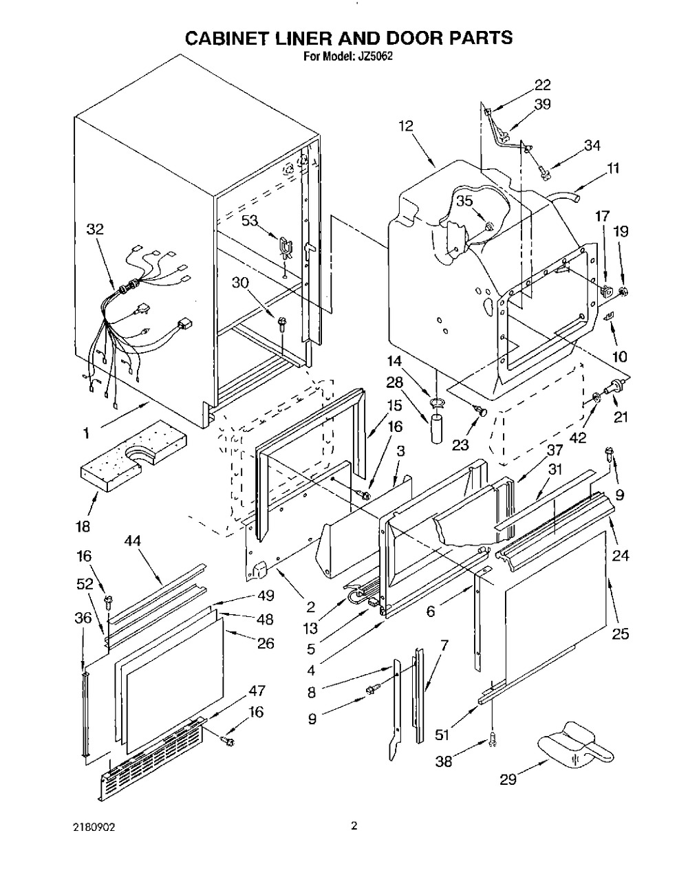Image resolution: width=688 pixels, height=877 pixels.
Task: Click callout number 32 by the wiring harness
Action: [x=95, y=230]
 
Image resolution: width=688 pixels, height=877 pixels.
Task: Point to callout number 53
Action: [x=251, y=220]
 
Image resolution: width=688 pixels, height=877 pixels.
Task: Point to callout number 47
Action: [x=257, y=691]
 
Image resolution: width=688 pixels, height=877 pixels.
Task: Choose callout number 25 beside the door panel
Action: [x=620, y=634]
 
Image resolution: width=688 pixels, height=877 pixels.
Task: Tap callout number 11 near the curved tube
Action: [x=613, y=168]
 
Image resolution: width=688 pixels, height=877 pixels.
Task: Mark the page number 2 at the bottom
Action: [x=354, y=826]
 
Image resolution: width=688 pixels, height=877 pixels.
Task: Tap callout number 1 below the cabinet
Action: [x=86, y=433]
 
